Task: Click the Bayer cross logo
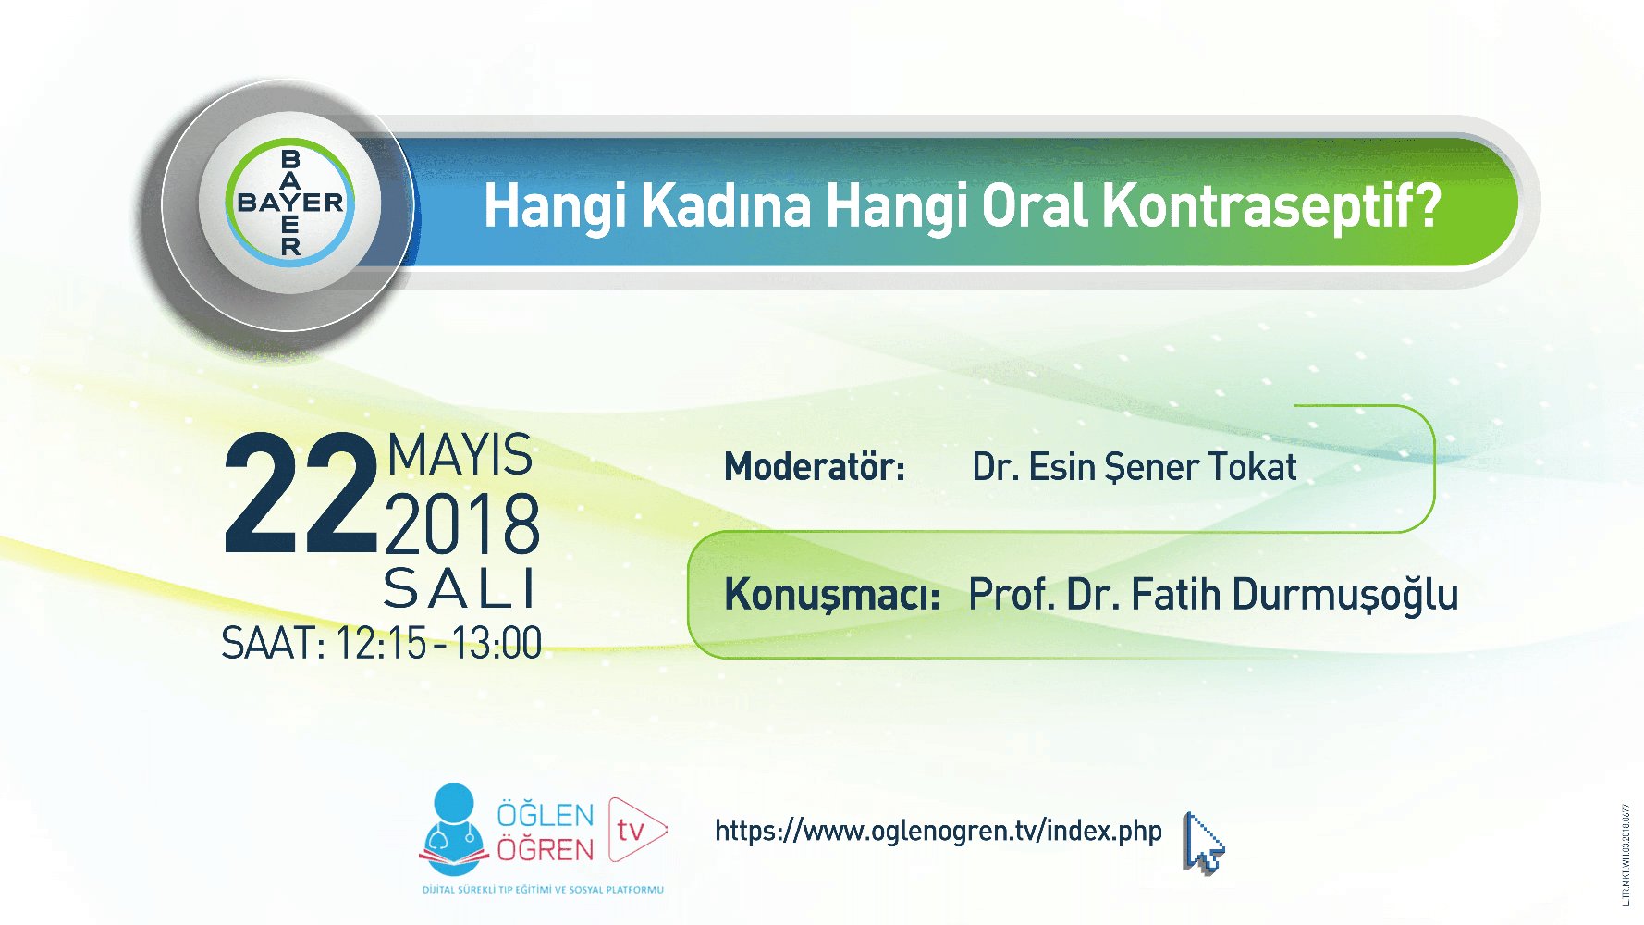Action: click(290, 203)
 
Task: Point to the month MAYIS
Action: click(460, 455)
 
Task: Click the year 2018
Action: click(462, 524)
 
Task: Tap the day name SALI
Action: click(460, 589)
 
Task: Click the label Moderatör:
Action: click(814, 467)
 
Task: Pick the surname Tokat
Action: click(1253, 467)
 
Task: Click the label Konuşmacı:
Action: click(831, 595)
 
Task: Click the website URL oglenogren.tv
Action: click(938, 831)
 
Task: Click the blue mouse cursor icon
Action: click(1202, 843)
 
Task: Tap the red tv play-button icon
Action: click(636, 829)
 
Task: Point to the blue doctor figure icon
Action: click(453, 826)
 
